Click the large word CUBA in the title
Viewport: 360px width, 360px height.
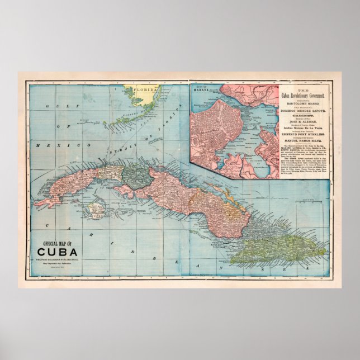coord(59,252)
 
